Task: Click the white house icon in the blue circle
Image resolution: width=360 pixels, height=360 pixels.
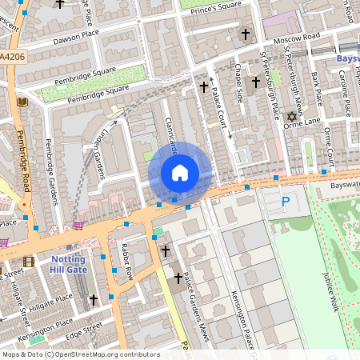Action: point(180,172)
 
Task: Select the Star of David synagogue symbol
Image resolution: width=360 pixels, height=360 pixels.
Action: point(291,117)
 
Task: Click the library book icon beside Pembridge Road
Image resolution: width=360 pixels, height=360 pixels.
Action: point(22,102)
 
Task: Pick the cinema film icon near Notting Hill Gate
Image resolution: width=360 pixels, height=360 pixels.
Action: point(29,262)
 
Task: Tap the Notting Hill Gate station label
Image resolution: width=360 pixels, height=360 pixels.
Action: point(74,265)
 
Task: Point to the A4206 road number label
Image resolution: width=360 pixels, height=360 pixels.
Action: point(12,57)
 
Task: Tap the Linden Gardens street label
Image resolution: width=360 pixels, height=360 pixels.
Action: point(99,154)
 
